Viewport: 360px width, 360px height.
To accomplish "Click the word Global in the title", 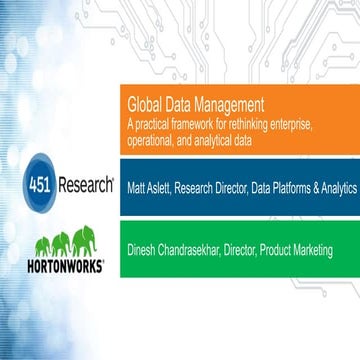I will click(145, 103).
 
